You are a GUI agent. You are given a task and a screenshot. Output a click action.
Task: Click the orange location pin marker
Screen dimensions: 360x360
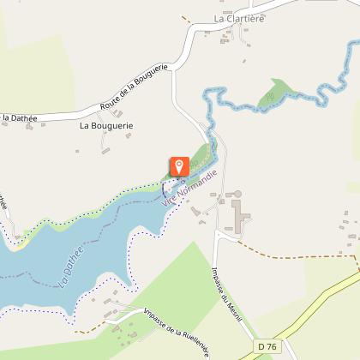click(x=179, y=166)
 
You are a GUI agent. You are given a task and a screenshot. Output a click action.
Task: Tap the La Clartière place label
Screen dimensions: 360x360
click(x=239, y=18)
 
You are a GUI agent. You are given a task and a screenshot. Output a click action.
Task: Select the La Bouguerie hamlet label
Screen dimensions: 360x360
click(x=106, y=125)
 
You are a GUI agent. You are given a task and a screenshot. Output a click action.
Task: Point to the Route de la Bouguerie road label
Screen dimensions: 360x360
click(x=136, y=87)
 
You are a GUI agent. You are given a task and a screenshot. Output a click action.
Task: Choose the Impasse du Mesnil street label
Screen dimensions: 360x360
click(x=225, y=279)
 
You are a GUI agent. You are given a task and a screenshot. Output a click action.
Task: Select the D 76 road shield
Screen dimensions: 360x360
click(x=267, y=346)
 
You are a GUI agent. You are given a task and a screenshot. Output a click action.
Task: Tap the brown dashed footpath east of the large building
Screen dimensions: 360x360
click(x=291, y=255)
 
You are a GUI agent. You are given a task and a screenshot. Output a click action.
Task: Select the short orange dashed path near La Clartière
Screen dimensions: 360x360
click(x=186, y=18)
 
